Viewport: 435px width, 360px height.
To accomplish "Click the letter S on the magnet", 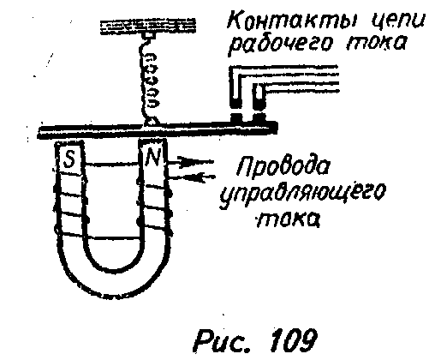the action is click(x=69, y=159).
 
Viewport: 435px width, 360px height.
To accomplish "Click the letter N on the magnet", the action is click(x=152, y=158).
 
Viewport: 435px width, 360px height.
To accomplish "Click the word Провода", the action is click(x=283, y=165).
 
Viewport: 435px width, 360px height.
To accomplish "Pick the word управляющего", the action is click(x=302, y=195).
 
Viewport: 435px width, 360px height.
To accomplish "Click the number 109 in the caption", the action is click(x=294, y=340).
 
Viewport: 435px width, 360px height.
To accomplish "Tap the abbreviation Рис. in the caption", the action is click(x=223, y=341).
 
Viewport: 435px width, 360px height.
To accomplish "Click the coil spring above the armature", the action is click(x=148, y=83).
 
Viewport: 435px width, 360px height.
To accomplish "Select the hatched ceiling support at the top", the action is click(x=148, y=27).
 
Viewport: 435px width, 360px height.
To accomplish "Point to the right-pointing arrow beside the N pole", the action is click(x=190, y=162).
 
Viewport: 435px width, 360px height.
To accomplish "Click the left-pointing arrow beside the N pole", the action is click(x=191, y=177).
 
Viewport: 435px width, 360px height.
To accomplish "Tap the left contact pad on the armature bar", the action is click(x=236, y=117).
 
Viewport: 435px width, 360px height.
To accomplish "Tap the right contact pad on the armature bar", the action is click(x=259, y=117).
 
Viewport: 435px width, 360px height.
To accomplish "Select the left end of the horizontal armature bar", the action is click(x=39, y=133).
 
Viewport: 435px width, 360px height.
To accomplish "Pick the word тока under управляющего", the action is click(x=288, y=219).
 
